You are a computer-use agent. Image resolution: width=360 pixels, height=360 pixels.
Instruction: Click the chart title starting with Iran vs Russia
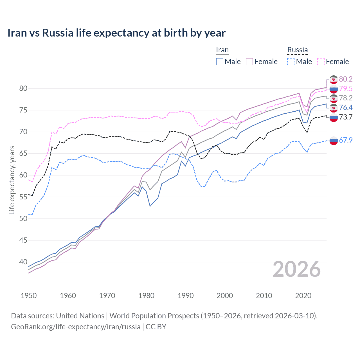pyautogui.click(x=116, y=33)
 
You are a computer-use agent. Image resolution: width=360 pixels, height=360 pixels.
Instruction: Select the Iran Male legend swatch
pyautogui.click(x=220, y=62)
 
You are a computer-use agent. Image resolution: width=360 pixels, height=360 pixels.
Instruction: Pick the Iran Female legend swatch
pyautogui.click(x=249, y=62)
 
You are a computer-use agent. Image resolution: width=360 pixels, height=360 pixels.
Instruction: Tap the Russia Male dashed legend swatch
pyautogui.click(x=291, y=62)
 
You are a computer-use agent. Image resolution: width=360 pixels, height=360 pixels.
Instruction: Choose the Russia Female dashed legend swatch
pyautogui.click(x=321, y=62)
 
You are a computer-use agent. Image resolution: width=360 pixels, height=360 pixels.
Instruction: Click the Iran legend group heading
pyautogui.click(x=222, y=50)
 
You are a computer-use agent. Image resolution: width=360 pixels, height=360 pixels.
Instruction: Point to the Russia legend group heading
pyautogui.click(x=297, y=50)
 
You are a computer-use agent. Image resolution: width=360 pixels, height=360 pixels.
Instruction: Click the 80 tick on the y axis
pyautogui.click(x=23, y=88)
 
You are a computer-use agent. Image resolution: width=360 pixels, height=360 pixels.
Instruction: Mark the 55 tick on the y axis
pyautogui.click(x=23, y=197)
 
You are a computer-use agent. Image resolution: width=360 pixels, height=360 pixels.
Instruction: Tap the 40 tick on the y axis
pyautogui.click(x=23, y=262)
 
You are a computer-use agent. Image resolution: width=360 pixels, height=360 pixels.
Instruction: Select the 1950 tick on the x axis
pyautogui.click(x=29, y=296)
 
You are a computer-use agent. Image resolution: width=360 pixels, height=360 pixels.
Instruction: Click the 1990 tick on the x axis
pyautogui.click(x=186, y=296)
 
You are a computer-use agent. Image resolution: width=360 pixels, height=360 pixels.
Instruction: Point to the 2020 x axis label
pyautogui.click(x=303, y=296)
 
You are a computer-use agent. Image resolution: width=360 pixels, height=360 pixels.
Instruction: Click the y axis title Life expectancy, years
pyautogui.click(x=12, y=180)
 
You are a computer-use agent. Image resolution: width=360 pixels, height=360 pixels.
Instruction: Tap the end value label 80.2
pyautogui.click(x=346, y=79)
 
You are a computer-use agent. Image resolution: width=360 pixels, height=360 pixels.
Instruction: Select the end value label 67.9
pyautogui.click(x=346, y=140)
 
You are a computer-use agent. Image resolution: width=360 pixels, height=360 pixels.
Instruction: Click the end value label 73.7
pyautogui.click(x=346, y=117)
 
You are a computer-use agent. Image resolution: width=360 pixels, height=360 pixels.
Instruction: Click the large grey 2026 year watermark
pyautogui.click(x=297, y=269)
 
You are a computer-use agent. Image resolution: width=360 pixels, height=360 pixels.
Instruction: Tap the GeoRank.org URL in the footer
pyautogui.click(x=76, y=327)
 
